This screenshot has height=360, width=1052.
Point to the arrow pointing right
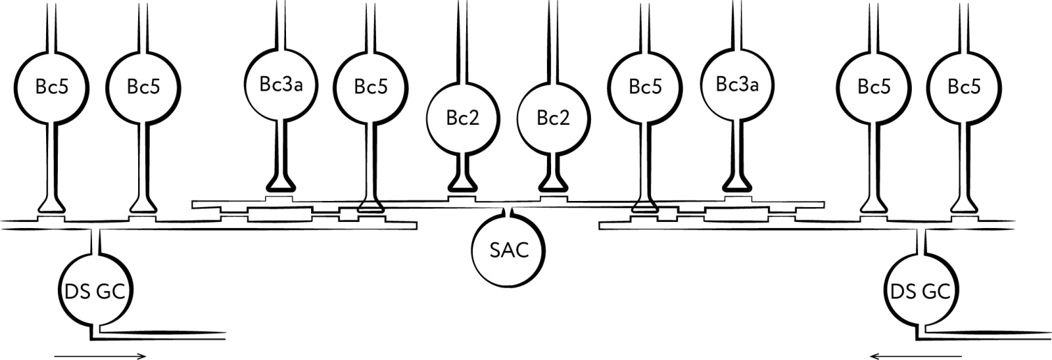[100, 356]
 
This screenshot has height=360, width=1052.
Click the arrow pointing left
[916, 356]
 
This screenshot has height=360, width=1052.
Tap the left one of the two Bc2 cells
[463, 117]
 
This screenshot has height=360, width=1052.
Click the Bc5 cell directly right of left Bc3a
[370, 87]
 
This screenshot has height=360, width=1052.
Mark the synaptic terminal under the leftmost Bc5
[52, 204]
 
